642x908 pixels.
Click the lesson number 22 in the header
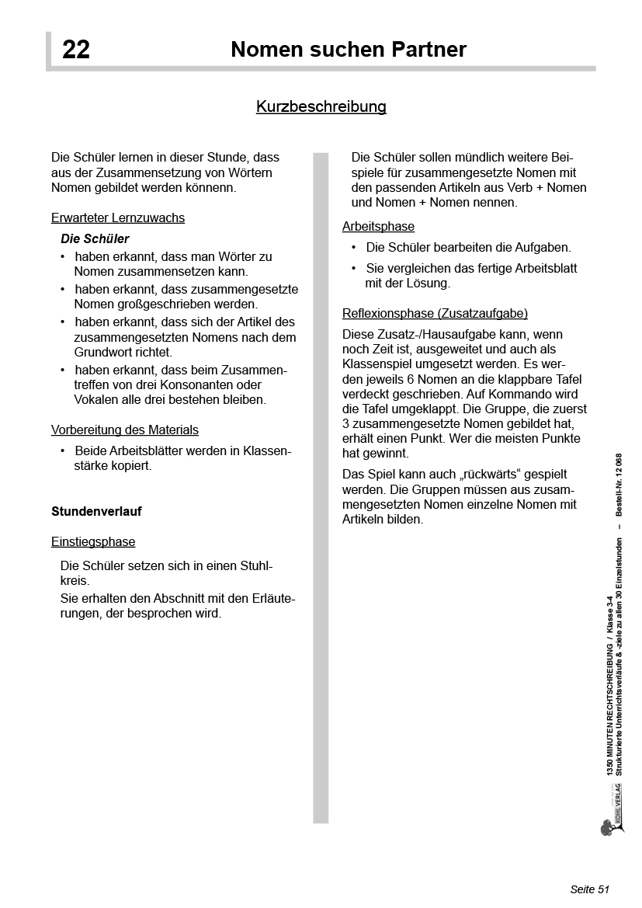(x=76, y=50)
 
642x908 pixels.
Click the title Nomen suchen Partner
(x=349, y=50)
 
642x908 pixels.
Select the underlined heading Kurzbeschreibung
(x=321, y=106)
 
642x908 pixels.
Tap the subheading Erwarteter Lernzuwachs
(x=118, y=218)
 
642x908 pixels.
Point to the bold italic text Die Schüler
(x=95, y=239)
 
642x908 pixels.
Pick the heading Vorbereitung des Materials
(x=125, y=430)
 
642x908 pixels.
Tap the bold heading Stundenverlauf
(x=96, y=512)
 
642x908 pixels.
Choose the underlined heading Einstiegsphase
(x=93, y=542)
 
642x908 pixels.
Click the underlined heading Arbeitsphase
(x=378, y=227)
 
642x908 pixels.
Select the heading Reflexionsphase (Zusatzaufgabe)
(x=435, y=314)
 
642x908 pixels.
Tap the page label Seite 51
(x=590, y=889)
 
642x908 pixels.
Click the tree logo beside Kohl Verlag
(x=608, y=826)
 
